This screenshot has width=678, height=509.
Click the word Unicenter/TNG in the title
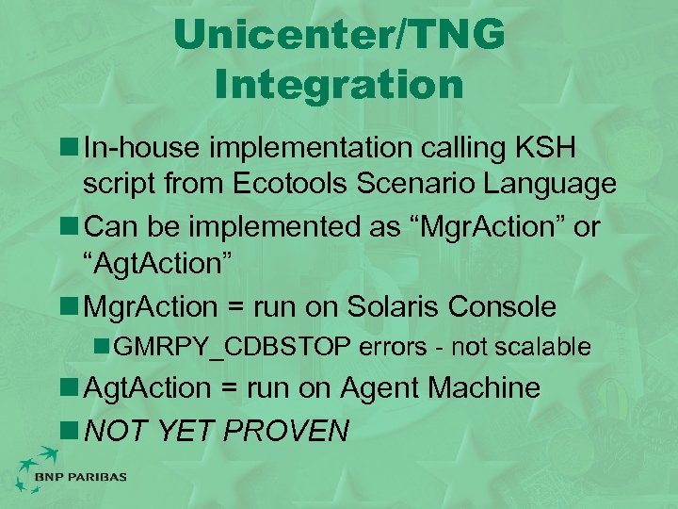(x=339, y=37)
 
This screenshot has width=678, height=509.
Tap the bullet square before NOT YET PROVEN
(x=70, y=431)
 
